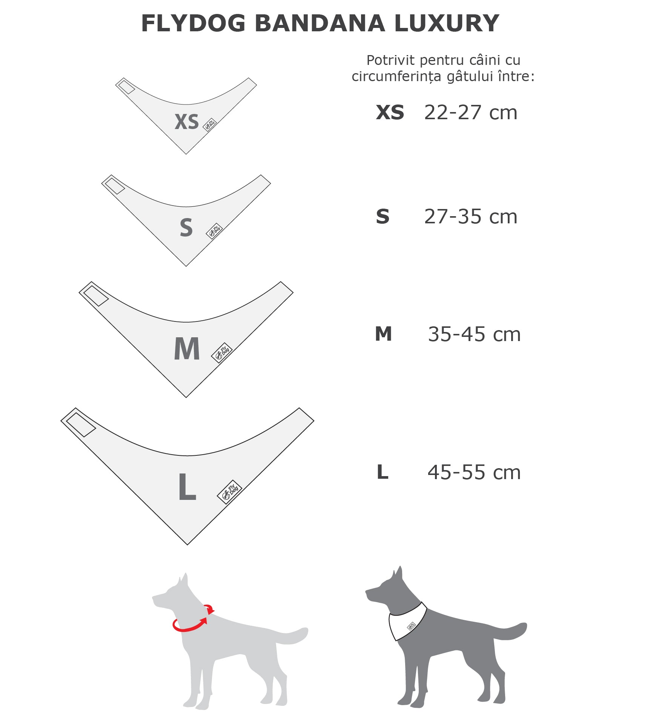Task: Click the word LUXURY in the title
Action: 447,23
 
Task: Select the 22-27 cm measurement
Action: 470,112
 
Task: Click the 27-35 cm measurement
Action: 470,217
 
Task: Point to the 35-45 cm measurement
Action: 474,334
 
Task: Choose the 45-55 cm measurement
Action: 474,472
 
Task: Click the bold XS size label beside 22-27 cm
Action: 390,112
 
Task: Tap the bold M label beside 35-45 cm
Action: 383,334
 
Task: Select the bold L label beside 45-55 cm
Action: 383,472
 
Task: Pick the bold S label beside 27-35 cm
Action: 383,217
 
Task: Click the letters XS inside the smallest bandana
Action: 187,122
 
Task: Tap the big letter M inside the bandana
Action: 187,349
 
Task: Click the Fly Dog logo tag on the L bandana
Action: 229,492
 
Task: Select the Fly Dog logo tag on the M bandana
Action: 222,353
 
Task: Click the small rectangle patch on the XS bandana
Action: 126,87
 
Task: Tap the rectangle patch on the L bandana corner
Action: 81,425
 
